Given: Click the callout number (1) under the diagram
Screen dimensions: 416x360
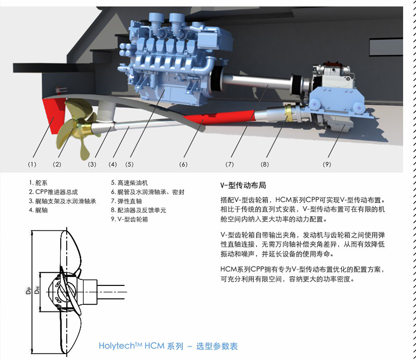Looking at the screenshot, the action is [x=32, y=164].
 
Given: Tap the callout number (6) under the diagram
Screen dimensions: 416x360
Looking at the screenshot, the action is [x=183, y=164].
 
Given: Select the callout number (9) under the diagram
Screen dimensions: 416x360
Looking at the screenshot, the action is [x=327, y=164].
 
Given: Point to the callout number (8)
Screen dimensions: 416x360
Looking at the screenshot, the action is [x=265, y=164].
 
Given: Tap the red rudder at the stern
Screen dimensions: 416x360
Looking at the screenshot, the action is [x=55, y=115].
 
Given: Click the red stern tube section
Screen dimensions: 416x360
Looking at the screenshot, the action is [x=220, y=118].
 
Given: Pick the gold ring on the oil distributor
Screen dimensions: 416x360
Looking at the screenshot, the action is [x=289, y=112].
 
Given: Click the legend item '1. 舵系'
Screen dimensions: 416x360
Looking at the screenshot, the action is [x=38, y=183].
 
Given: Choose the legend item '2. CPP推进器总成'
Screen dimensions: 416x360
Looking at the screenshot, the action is [x=53, y=192].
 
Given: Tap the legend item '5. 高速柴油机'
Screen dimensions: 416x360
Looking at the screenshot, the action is [x=129, y=183].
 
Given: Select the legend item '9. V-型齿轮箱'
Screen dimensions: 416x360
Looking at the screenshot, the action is [x=129, y=219].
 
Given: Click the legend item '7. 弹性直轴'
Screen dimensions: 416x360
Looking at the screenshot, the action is [x=126, y=201].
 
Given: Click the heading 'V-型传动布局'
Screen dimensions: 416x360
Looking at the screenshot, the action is [x=243, y=185].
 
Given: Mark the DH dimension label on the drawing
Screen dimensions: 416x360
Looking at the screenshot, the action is [x=37, y=290].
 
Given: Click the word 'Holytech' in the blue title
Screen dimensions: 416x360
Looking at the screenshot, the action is [x=117, y=346].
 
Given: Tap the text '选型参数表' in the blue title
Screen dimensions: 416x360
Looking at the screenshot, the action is [x=217, y=346].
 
